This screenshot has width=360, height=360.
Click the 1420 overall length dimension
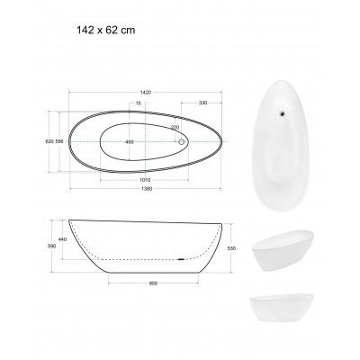(x=145, y=93)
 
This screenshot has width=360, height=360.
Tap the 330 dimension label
(x=202, y=103)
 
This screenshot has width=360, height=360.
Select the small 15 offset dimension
(x=138, y=103)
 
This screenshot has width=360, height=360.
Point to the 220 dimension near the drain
(x=175, y=128)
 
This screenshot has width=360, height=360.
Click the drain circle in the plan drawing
(x=182, y=141)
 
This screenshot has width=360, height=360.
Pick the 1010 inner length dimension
(x=145, y=180)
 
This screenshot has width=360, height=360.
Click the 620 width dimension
(x=49, y=141)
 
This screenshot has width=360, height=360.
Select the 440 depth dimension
(x=62, y=239)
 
